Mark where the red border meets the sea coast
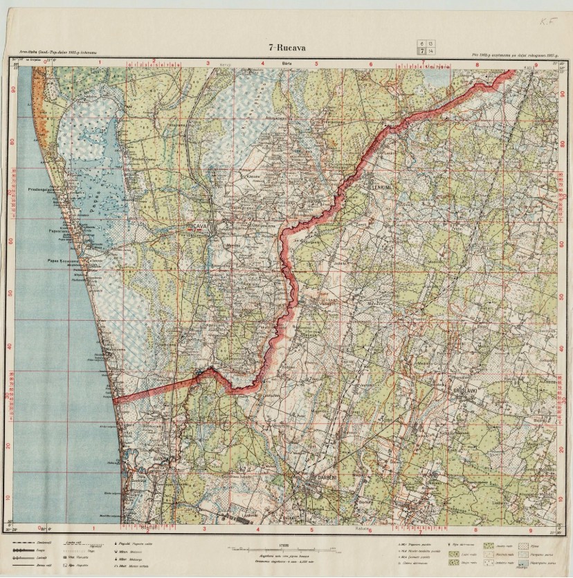click(115, 400)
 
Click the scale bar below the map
click(286, 549)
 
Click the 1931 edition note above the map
click(53, 51)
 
